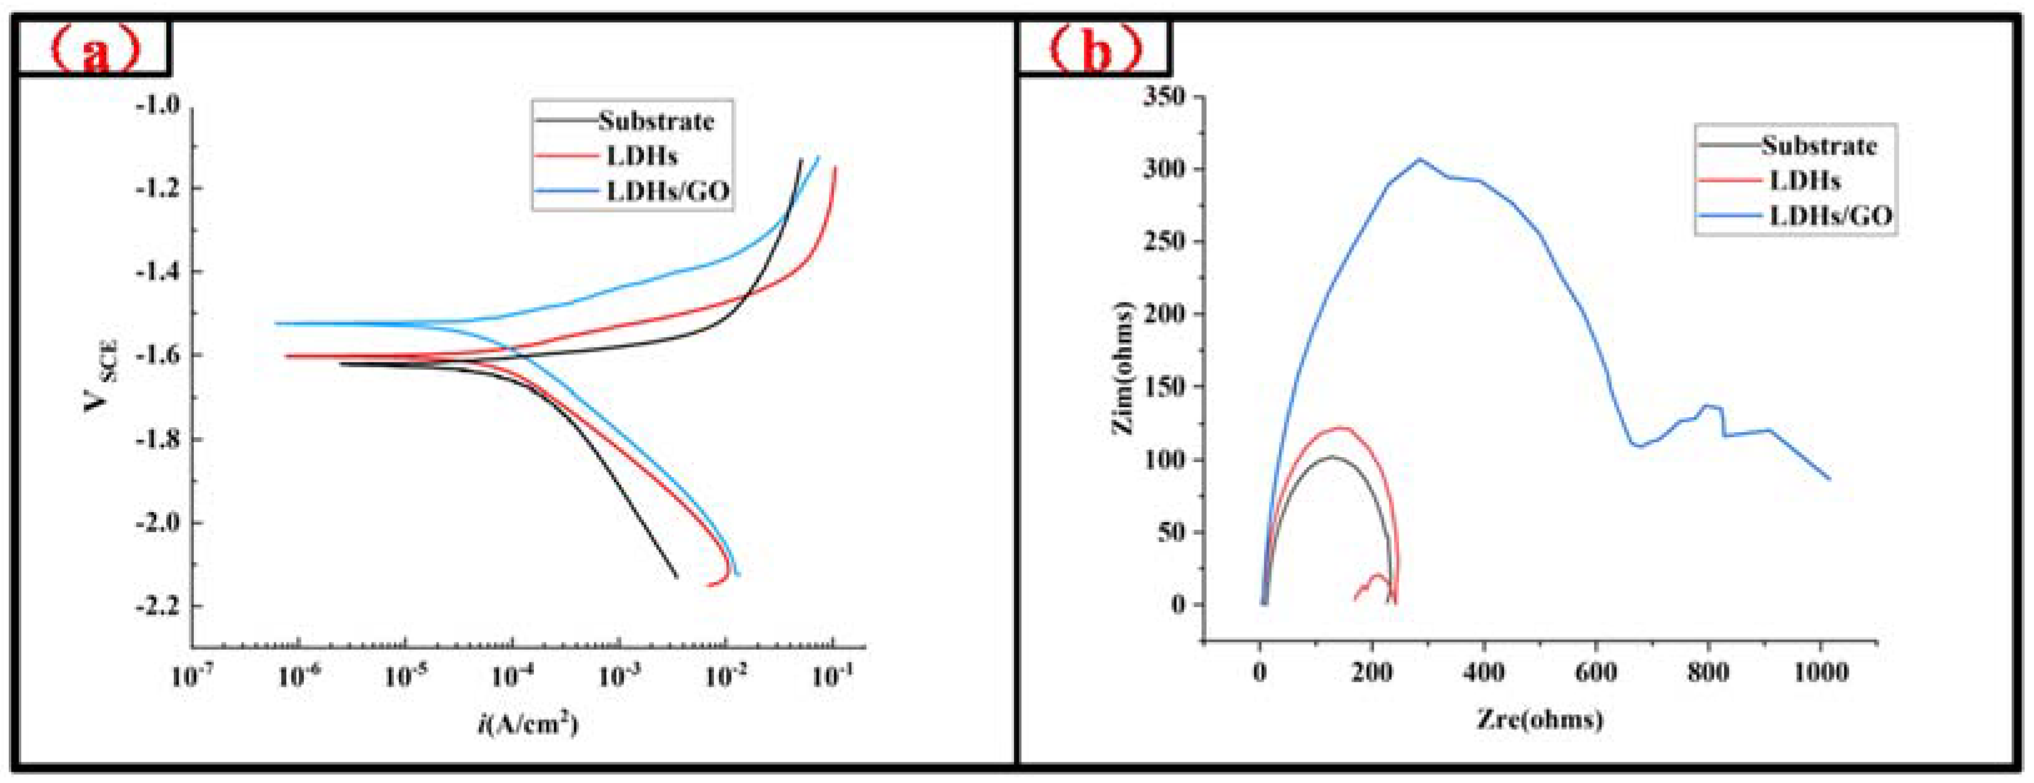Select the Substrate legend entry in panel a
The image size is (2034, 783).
[655, 121]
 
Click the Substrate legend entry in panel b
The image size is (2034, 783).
[1818, 146]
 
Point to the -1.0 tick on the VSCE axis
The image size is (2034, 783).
[158, 105]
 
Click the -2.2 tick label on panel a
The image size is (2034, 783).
[158, 607]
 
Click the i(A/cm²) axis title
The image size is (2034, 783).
[528, 723]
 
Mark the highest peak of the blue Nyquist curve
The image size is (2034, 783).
[1420, 159]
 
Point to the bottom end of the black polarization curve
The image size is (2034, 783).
[677, 578]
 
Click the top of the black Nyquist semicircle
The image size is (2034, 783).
[1333, 457]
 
